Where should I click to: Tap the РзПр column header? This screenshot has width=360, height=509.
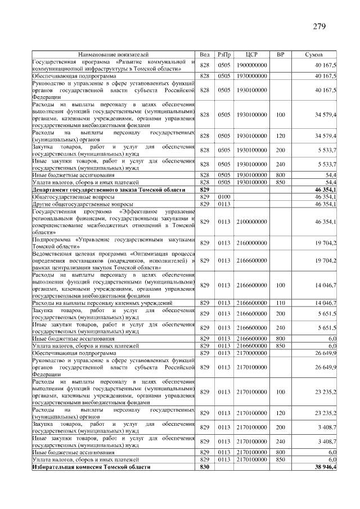(x=224, y=55)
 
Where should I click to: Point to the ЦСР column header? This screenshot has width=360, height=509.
(x=251, y=55)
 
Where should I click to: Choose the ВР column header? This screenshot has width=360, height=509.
(x=281, y=55)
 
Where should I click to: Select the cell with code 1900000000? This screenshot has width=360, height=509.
(x=251, y=65)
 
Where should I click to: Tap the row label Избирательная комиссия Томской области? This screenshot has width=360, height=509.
(x=92, y=467)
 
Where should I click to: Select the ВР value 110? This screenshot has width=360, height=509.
(x=281, y=303)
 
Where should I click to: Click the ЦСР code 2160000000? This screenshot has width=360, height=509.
(x=251, y=243)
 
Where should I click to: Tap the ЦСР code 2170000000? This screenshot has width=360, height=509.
(x=251, y=353)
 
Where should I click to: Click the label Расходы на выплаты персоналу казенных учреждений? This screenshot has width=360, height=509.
(x=102, y=303)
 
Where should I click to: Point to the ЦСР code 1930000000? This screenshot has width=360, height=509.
(x=251, y=75)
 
